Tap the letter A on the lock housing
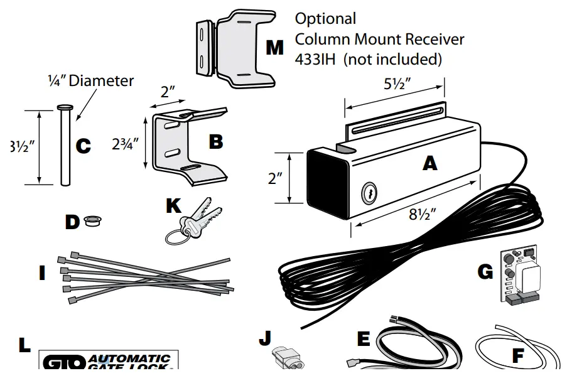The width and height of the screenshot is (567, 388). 429,163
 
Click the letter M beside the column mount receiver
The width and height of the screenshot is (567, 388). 274,48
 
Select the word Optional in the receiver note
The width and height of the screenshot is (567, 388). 325,19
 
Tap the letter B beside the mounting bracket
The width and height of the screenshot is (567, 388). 215,142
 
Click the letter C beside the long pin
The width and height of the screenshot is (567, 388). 84,146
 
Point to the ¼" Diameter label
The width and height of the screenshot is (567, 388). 91,80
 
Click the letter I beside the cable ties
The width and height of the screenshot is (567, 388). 42,274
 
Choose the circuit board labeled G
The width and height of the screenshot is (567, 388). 521,277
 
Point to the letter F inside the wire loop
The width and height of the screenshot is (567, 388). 517,356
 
